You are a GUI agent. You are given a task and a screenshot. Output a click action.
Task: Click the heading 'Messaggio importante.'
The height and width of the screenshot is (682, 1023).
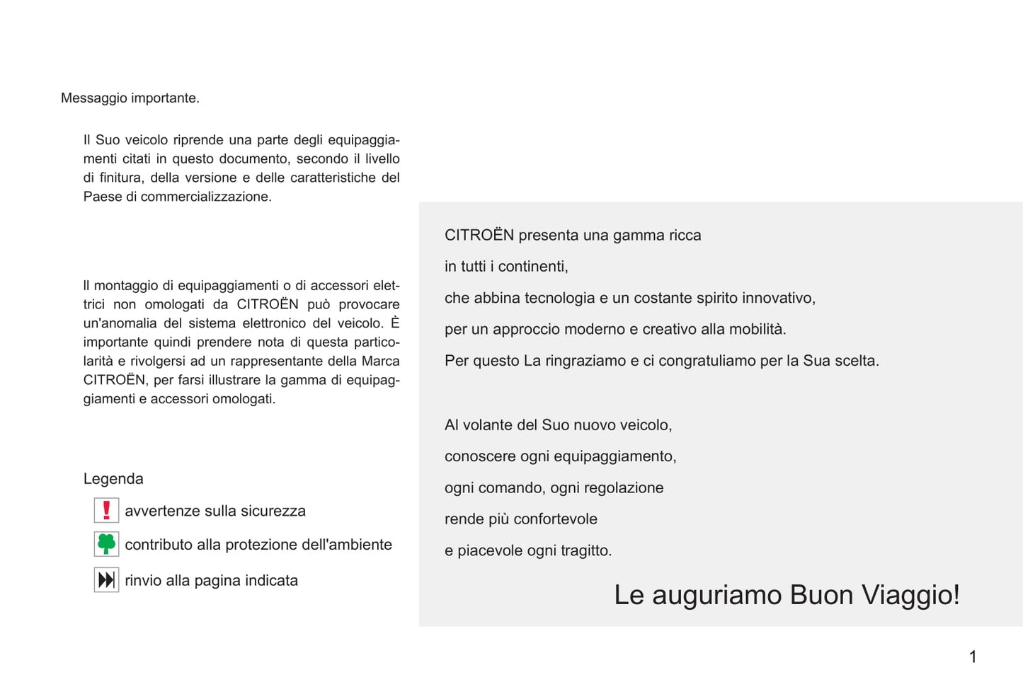click(130, 98)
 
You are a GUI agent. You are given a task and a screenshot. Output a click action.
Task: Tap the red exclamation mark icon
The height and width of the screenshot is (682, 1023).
click(106, 510)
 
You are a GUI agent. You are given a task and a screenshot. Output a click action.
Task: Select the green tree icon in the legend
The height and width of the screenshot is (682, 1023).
click(106, 544)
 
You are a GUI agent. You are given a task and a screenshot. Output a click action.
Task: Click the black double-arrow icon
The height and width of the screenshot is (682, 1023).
click(106, 580)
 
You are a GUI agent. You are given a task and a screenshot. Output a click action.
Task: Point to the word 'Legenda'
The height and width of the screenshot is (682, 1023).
click(113, 479)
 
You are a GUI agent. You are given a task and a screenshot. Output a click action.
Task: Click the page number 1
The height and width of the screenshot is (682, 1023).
click(973, 657)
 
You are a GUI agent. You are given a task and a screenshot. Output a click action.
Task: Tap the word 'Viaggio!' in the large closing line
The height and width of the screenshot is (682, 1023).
click(910, 595)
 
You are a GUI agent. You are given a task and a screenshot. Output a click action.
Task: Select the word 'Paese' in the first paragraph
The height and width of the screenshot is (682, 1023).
click(102, 197)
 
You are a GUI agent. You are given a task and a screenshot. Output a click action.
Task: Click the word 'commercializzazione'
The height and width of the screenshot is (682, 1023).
click(205, 197)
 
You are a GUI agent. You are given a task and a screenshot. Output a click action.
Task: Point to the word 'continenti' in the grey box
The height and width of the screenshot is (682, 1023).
click(532, 267)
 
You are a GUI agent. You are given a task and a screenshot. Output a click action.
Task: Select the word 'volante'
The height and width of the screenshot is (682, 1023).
click(488, 425)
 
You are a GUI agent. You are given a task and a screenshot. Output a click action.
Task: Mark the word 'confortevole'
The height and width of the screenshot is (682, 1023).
click(555, 519)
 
